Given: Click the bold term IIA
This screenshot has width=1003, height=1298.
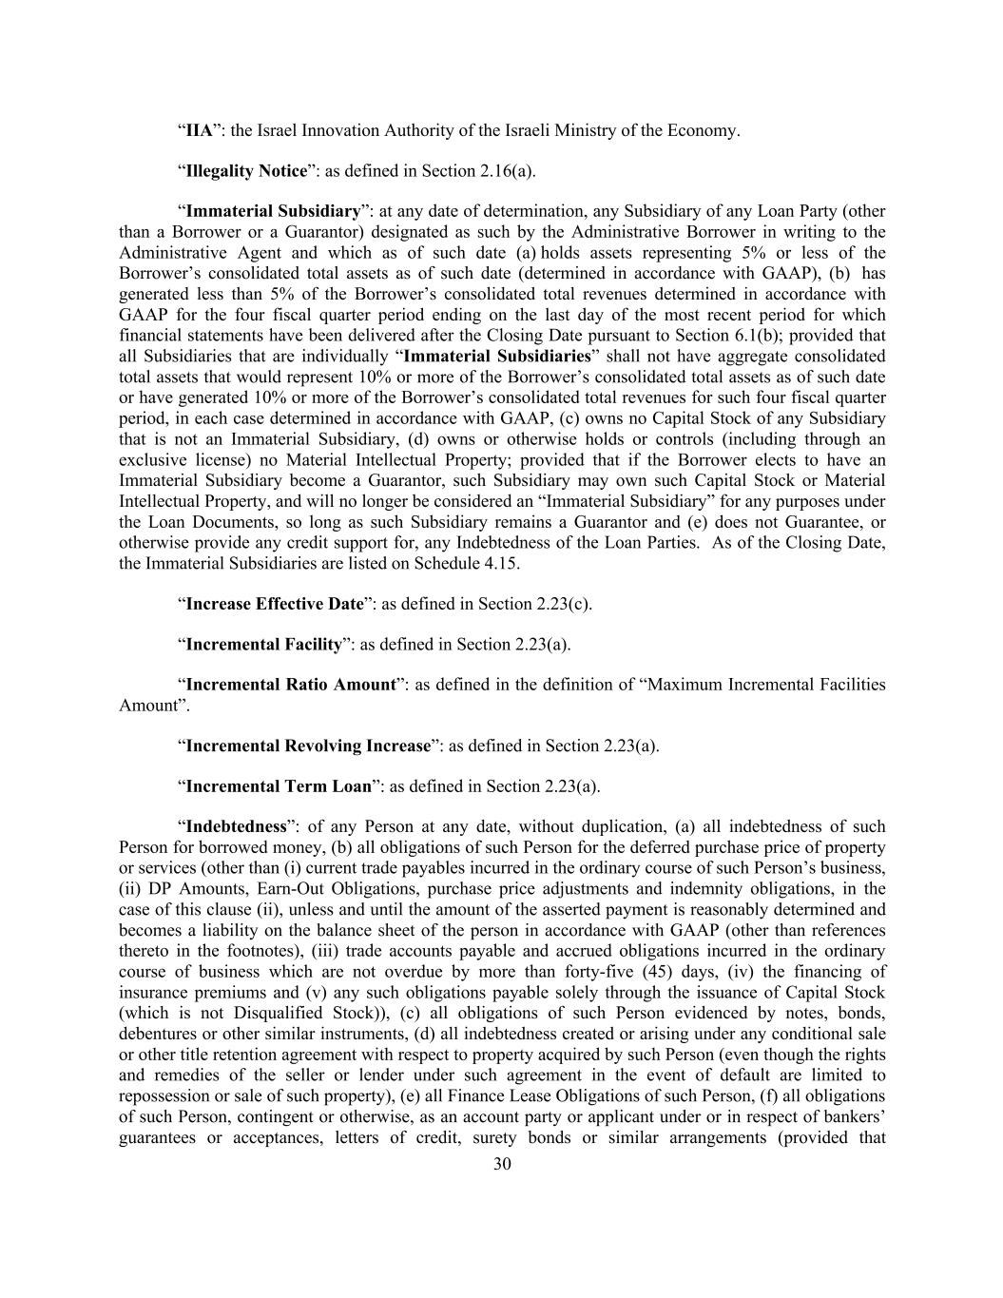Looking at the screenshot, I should tap(199, 130).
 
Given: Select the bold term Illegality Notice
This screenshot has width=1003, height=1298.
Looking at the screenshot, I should tap(246, 171).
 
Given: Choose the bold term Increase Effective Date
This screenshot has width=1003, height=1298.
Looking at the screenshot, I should tap(275, 604).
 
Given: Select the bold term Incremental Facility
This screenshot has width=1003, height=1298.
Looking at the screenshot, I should tap(263, 645).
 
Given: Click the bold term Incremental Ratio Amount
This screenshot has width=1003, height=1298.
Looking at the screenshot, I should tap(290, 685).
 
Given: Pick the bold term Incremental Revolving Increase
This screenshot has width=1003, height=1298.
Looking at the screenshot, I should tap(308, 746).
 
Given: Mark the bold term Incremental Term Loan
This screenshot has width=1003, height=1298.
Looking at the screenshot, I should tap(279, 786).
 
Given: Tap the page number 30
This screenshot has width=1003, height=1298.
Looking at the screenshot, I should tap(503, 1165).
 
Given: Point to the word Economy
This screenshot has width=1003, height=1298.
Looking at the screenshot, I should tap(704, 130).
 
